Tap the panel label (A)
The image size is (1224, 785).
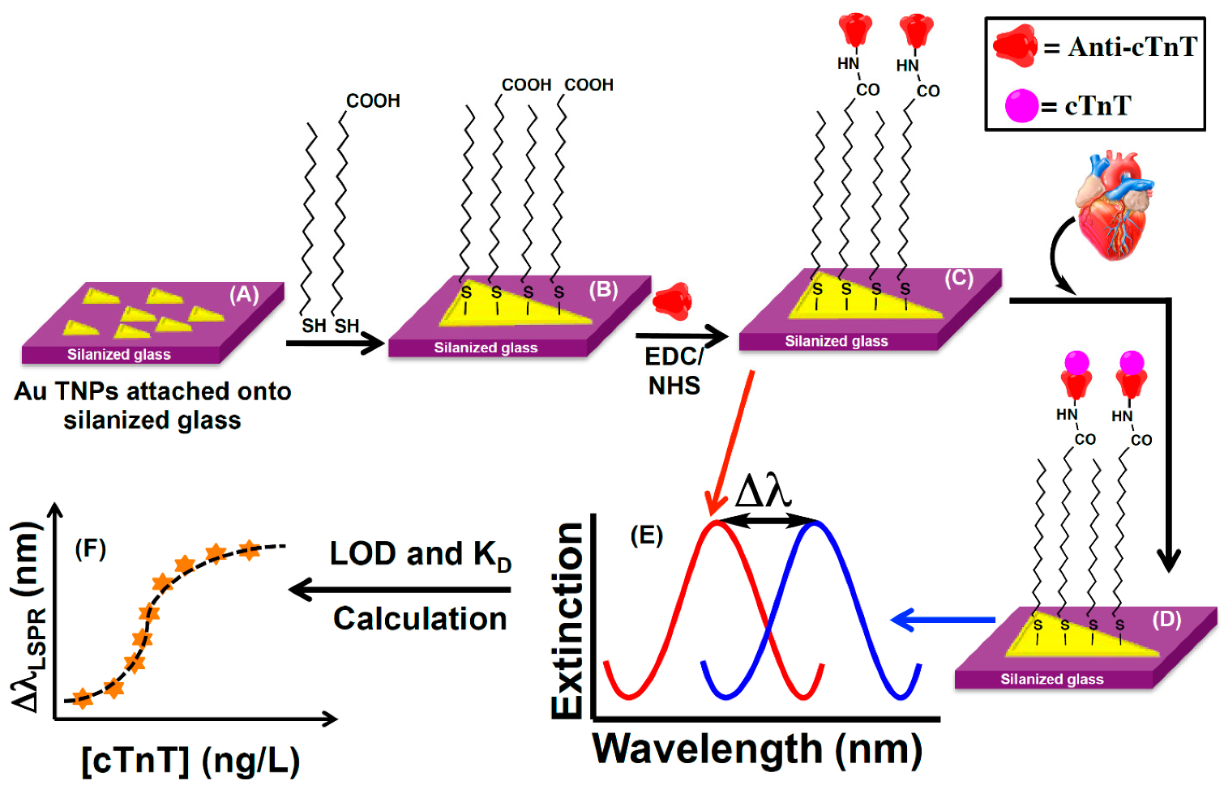pyautogui.click(x=244, y=295)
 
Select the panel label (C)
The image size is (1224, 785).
pyautogui.click(x=958, y=279)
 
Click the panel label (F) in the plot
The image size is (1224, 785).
pyautogui.click(x=90, y=549)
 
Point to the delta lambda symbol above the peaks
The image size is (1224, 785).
pyautogui.click(x=763, y=491)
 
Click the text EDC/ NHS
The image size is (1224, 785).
pyautogui.click(x=674, y=370)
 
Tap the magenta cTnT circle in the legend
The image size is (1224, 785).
pyautogui.click(x=1021, y=105)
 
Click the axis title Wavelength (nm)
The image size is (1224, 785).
pyautogui.click(x=757, y=749)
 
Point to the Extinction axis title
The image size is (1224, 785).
pyautogui.click(x=567, y=620)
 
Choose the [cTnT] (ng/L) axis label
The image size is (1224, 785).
pyautogui.click(x=191, y=761)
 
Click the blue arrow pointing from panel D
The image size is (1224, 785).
pyautogui.click(x=942, y=621)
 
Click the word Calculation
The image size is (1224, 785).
pyautogui.click(x=420, y=619)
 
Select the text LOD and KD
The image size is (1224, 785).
pyautogui.click(x=420, y=556)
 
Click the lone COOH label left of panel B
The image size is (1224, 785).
pyautogui.click(x=373, y=101)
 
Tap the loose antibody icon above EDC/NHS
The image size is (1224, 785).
pyautogui.click(x=672, y=301)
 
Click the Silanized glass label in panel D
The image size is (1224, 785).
pyautogui.click(x=1051, y=680)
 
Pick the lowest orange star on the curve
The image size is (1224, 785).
pyautogui.click(x=82, y=699)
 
